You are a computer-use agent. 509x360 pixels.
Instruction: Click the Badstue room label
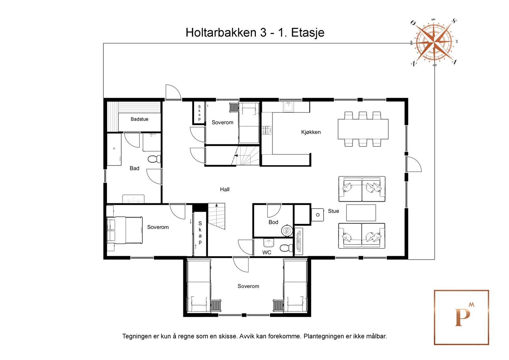(139, 119)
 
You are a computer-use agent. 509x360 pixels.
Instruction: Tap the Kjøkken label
(311, 132)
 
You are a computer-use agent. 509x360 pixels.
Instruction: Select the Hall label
(225, 189)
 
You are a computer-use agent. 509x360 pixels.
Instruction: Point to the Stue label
(333, 211)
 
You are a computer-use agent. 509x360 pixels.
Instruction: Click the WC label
(267, 252)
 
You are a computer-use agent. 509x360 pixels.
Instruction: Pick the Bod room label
(273, 222)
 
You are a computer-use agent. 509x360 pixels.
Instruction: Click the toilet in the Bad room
(155, 159)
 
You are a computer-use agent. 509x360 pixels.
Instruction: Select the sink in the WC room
(269, 243)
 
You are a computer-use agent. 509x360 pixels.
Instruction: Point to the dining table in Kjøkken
(363, 129)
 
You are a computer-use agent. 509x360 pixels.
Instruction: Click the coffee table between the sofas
(361, 213)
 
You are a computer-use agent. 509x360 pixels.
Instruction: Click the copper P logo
(461, 317)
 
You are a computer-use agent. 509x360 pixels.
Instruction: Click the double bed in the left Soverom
(124, 230)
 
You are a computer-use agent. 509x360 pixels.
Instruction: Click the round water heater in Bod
(286, 230)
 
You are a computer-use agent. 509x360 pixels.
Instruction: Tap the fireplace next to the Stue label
(317, 215)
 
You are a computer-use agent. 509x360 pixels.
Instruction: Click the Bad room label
(134, 168)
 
